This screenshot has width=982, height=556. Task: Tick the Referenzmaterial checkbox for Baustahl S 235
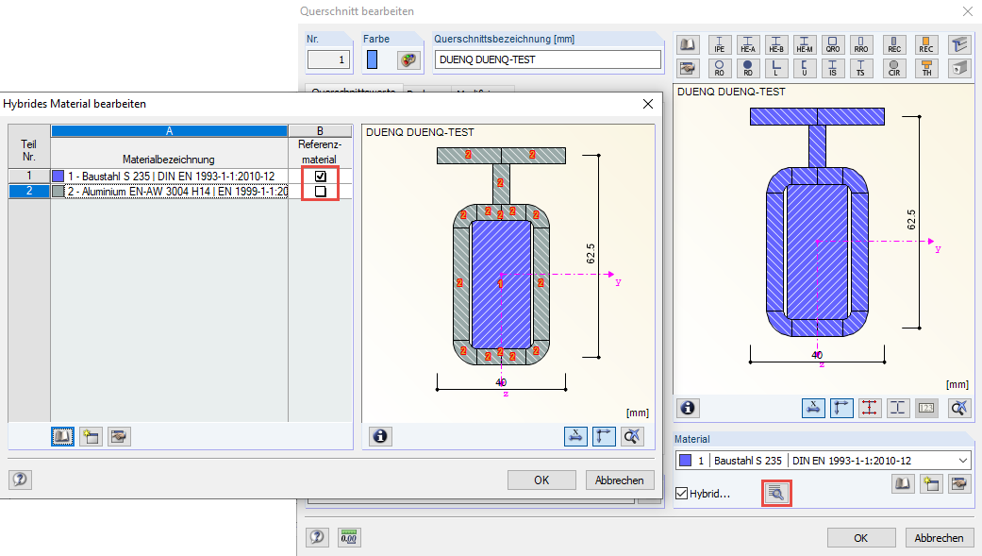pyautogui.click(x=321, y=176)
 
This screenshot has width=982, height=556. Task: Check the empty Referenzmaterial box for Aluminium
pyautogui.click(x=321, y=191)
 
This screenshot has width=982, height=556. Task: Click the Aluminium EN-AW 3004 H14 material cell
pyautogui.click(x=170, y=191)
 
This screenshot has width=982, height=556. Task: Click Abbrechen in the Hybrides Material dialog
pyautogui.click(x=620, y=480)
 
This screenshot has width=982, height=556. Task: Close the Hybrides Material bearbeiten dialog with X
pyautogui.click(x=647, y=104)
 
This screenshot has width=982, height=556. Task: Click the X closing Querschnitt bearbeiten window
pyautogui.click(x=967, y=11)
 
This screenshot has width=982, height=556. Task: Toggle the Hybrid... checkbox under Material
pyautogui.click(x=682, y=493)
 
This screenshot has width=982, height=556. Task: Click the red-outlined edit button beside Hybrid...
pyautogui.click(x=776, y=493)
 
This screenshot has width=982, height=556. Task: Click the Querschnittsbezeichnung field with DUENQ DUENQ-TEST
pyautogui.click(x=547, y=59)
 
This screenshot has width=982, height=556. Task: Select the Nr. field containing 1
pyautogui.click(x=328, y=59)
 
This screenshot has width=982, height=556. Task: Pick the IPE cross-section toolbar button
pyautogui.click(x=719, y=44)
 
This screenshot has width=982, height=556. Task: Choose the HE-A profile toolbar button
pyautogui.click(x=748, y=44)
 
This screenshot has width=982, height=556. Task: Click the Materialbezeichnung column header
pyautogui.click(x=169, y=160)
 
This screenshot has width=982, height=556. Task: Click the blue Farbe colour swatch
pyautogui.click(x=372, y=59)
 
